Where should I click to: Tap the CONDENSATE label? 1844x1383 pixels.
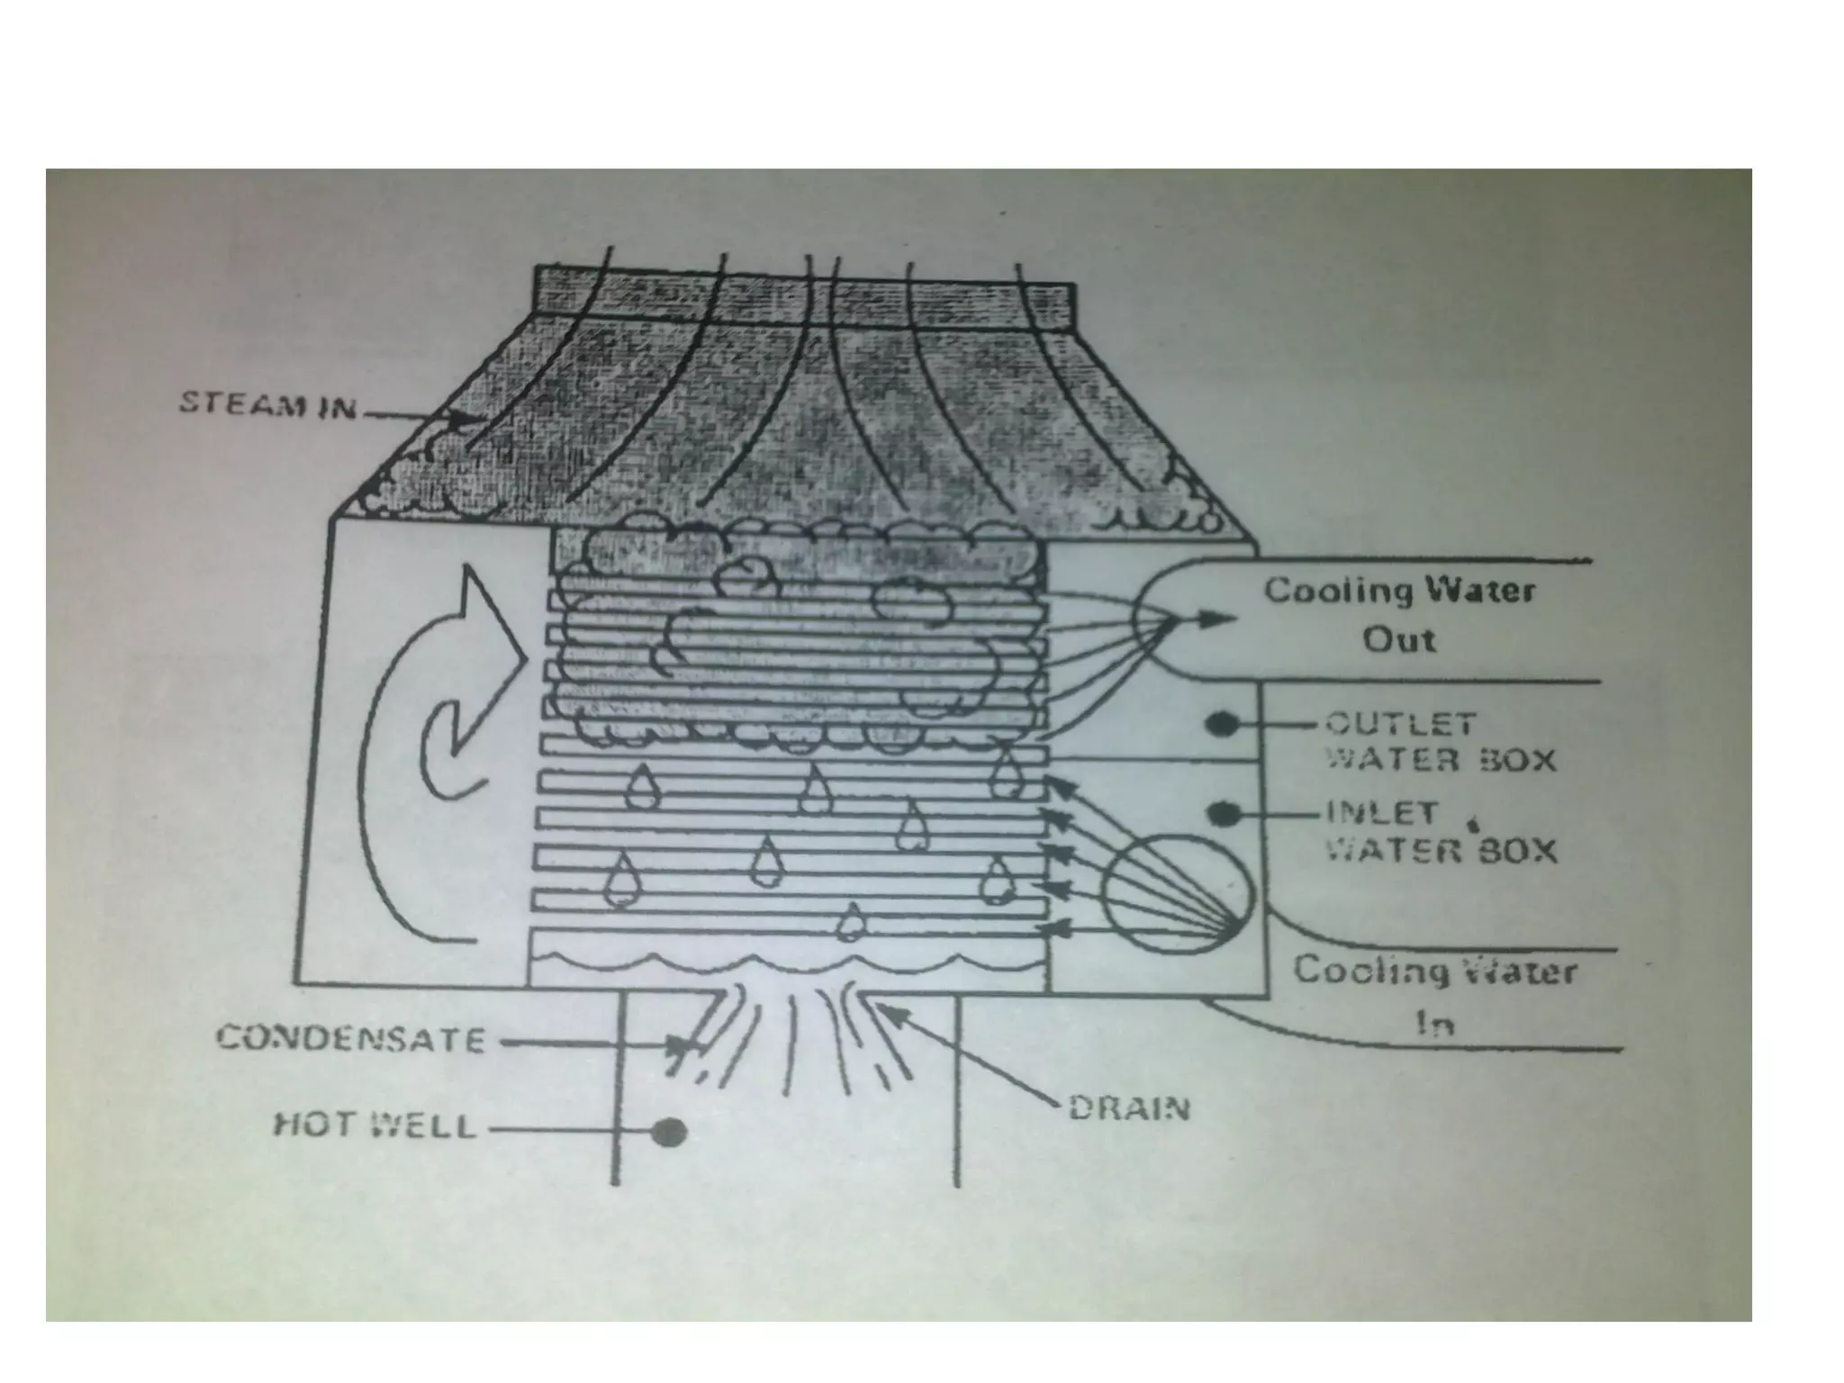(351, 1040)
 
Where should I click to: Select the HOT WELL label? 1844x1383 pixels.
(375, 1126)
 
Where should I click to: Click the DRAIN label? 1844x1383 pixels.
(1129, 1107)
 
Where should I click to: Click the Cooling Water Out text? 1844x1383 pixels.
(1399, 615)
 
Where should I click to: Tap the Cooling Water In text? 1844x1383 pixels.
(1435, 996)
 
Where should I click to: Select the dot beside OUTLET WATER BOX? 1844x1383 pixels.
(1221, 723)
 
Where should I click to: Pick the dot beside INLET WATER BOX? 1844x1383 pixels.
(1222, 814)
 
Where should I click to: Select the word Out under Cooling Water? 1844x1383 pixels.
(1398, 640)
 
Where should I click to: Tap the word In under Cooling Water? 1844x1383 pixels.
(1435, 1024)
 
